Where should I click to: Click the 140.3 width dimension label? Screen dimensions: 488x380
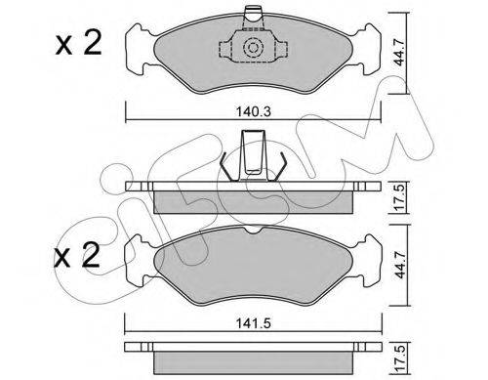pos(254,111)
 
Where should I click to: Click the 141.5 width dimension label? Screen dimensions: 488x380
pos(253,323)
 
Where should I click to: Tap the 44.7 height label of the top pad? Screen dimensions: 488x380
pos(399,52)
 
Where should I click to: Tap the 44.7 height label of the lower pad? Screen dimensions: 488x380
pos(400,265)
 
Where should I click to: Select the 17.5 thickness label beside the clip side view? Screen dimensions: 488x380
pos(399,197)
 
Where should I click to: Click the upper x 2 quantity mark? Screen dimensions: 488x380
pos(78,43)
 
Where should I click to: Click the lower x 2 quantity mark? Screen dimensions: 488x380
pos(77,255)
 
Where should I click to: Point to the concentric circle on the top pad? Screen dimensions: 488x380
pos(253,48)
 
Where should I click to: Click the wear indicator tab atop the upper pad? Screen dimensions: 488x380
pos(253,19)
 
